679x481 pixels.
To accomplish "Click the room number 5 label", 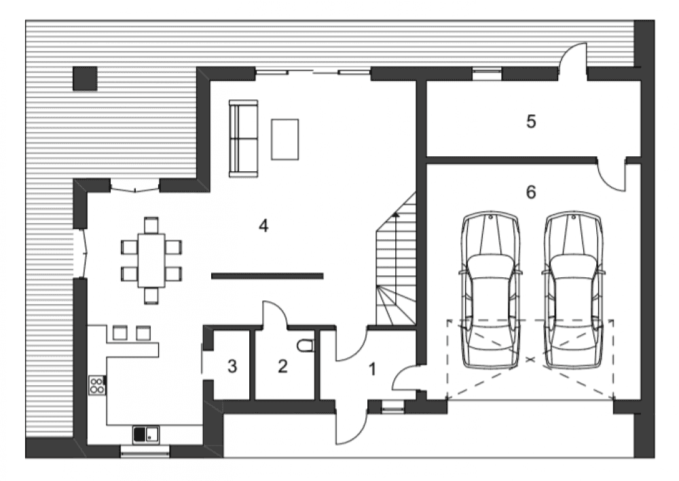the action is coord(531,122).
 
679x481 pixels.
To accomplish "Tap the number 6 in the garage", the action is coord(531,192).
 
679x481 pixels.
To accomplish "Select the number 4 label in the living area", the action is coord(263,226).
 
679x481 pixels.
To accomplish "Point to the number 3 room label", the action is coord(232,367).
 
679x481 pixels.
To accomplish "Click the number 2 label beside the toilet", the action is coord(282,367).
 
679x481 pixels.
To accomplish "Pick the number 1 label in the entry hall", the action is coord(371,369).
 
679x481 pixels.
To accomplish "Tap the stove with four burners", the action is coord(97,385).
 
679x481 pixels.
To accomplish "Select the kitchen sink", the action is coord(146,434).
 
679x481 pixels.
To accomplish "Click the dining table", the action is coord(151,260).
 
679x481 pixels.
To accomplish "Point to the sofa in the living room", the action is coord(243,139).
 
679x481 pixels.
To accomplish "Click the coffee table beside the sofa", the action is coord(285,139).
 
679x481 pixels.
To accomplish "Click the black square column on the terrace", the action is coord(85,78).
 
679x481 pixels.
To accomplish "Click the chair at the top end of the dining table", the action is coord(151,226).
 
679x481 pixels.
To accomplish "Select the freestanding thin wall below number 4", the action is coord(267,275).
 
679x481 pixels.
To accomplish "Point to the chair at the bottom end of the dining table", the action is coord(151,295).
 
